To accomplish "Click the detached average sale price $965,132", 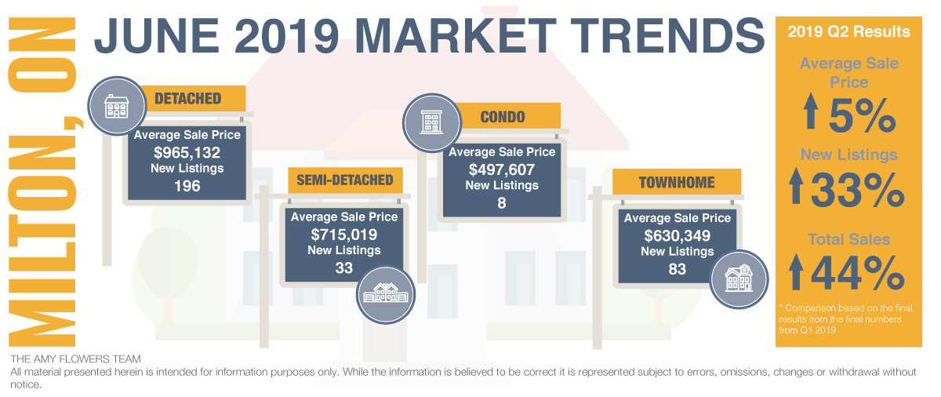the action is [x=187, y=152].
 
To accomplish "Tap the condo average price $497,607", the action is [x=502, y=169].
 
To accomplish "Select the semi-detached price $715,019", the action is [x=344, y=235].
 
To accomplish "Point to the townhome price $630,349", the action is [x=678, y=235].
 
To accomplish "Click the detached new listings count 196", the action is [x=187, y=186].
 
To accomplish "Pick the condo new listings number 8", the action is [x=502, y=203].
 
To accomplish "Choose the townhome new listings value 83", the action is [x=678, y=269].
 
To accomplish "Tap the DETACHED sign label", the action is [x=187, y=99].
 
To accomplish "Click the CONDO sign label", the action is [x=503, y=117].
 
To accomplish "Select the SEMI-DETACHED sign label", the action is [x=345, y=180].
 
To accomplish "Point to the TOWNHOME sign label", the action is [x=677, y=183].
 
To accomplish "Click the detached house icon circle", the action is [x=117, y=106].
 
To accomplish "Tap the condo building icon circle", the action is [x=432, y=122].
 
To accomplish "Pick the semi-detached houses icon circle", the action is [x=386, y=294].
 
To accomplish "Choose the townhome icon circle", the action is [x=739, y=279].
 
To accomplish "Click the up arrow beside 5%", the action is [x=811, y=111].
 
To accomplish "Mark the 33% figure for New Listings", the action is [x=857, y=191].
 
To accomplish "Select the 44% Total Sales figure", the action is [x=857, y=274].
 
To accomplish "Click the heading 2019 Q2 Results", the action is [x=848, y=32].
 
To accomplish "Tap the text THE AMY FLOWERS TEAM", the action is [x=75, y=359].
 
